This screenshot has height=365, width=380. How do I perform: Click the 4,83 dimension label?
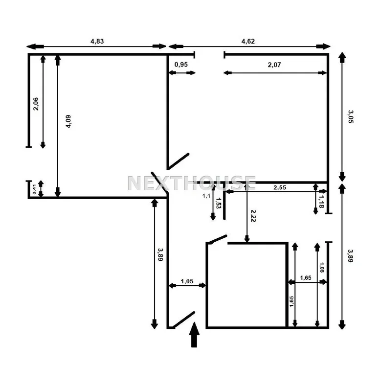pyautogui.click(x=97, y=41)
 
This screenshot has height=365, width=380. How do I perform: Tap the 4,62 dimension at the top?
pyautogui.click(x=248, y=41)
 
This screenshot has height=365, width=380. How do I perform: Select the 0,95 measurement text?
pyautogui.click(x=181, y=65)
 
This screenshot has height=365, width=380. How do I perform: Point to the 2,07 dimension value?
pyautogui.click(x=274, y=65)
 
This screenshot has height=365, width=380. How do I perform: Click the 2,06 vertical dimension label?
pyautogui.click(x=36, y=104)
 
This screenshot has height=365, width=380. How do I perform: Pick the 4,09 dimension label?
pyautogui.click(x=68, y=121)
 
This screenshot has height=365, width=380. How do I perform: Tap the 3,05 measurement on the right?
pyautogui.click(x=351, y=116)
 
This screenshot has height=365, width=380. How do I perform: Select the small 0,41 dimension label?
pyautogui.click(x=34, y=189)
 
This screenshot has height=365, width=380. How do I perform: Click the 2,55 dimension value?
pyautogui.click(x=280, y=187)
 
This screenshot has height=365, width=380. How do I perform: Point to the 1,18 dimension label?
pyautogui.click(x=321, y=202)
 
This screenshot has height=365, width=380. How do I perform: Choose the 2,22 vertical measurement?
pyautogui.click(x=253, y=216)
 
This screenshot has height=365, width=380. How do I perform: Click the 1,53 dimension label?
pyautogui.click(x=218, y=203)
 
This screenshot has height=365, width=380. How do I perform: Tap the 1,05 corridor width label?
pyautogui.click(x=187, y=281)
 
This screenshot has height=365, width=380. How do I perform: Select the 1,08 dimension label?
pyautogui.click(x=322, y=267)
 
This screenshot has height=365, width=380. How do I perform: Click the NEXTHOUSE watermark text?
pyautogui.click(x=191, y=183)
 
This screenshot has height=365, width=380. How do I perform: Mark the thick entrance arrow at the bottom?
pyautogui.click(x=194, y=335)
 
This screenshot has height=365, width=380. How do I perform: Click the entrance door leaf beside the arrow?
pyautogui.click(x=183, y=319)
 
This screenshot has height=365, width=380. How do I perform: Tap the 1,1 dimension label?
pyautogui.click(x=206, y=196)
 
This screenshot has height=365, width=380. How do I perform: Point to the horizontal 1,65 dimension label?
pyautogui.click(x=306, y=278)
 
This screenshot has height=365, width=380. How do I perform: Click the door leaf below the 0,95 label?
pyautogui.click(x=179, y=161)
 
